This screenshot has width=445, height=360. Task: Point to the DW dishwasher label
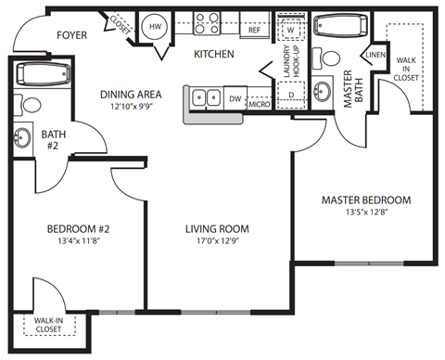(235, 98)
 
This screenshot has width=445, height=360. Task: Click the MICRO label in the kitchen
(259, 104)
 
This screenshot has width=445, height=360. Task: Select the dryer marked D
(291, 94)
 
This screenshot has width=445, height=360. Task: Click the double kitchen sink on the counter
(206, 96)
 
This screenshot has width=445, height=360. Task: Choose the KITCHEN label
(213, 55)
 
